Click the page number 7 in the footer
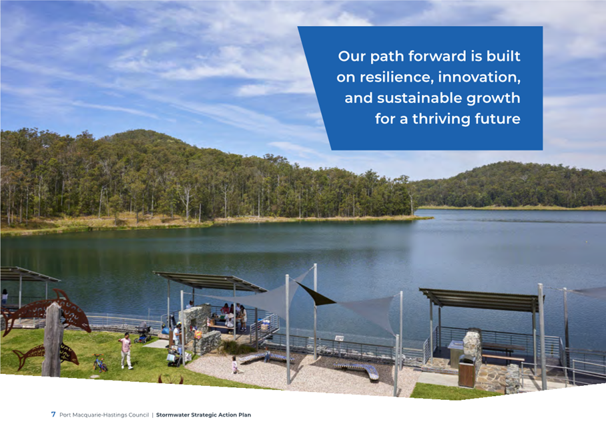coord(53,414)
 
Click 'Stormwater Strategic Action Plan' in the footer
coord(204,415)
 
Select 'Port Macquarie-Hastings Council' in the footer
coord(104,415)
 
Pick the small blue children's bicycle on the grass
coord(99,363)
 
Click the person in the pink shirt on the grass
coord(125,351)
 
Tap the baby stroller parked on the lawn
coord(143,333)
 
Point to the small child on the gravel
coord(235,365)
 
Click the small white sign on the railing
coord(339,339)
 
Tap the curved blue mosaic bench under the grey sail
coord(356,370)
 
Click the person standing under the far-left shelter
coord(4,297)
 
